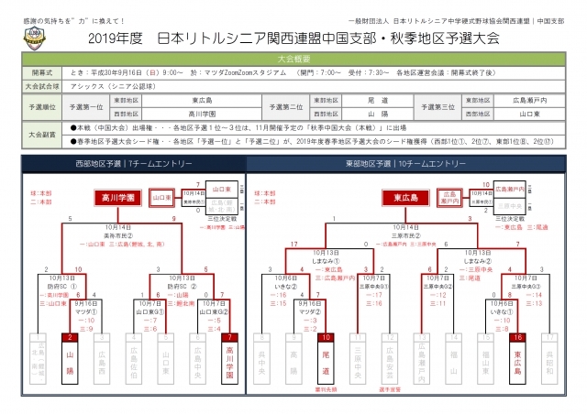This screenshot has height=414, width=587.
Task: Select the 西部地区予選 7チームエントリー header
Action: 148,163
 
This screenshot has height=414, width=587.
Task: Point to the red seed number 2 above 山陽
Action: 72,337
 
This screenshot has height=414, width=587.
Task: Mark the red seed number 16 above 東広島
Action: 519,337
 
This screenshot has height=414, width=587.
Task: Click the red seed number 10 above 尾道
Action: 326,337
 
